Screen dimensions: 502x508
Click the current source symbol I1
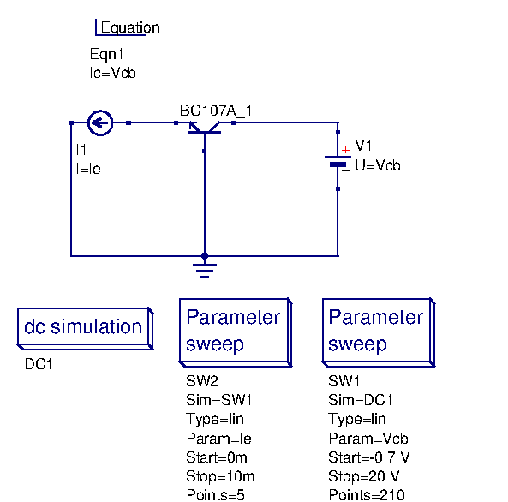point(100,123)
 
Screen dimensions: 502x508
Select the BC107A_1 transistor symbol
point(204,128)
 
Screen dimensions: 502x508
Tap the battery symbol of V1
point(338,160)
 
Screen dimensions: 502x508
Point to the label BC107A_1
point(216,111)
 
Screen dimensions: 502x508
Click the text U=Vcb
point(377,165)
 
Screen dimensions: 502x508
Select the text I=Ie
point(88,169)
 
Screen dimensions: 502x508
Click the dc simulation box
point(83,327)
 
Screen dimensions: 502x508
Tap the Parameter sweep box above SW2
point(234,331)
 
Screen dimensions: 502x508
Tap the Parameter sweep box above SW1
point(377,331)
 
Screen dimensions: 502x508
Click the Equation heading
point(129,27)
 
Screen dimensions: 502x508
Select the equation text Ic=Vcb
point(112,73)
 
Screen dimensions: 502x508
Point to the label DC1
point(39,364)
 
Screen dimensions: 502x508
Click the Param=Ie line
point(218,439)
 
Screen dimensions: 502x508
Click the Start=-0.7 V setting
point(369,457)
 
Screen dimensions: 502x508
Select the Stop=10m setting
point(220,476)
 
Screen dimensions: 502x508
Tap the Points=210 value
point(366,494)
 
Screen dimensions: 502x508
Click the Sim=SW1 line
point(219,400)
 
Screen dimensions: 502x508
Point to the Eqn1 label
point(107,54)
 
